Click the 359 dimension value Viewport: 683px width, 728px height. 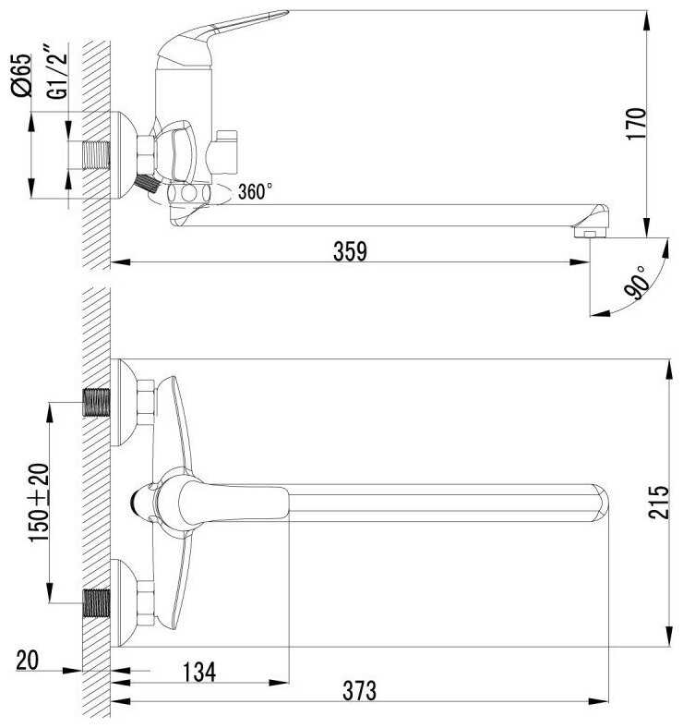tap(350, 251)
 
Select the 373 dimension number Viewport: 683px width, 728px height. tap(360, 690)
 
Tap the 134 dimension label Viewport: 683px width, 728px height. tap(199, 673)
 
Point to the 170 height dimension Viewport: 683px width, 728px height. tap(636, 124)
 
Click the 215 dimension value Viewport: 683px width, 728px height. tap(659, 502)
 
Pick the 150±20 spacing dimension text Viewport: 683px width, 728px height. tap(39, 503)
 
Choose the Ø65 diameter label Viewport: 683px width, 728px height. tap(22, 75)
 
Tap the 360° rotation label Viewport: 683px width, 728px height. tap(255, 191)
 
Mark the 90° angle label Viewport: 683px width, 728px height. tap(636, 283)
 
